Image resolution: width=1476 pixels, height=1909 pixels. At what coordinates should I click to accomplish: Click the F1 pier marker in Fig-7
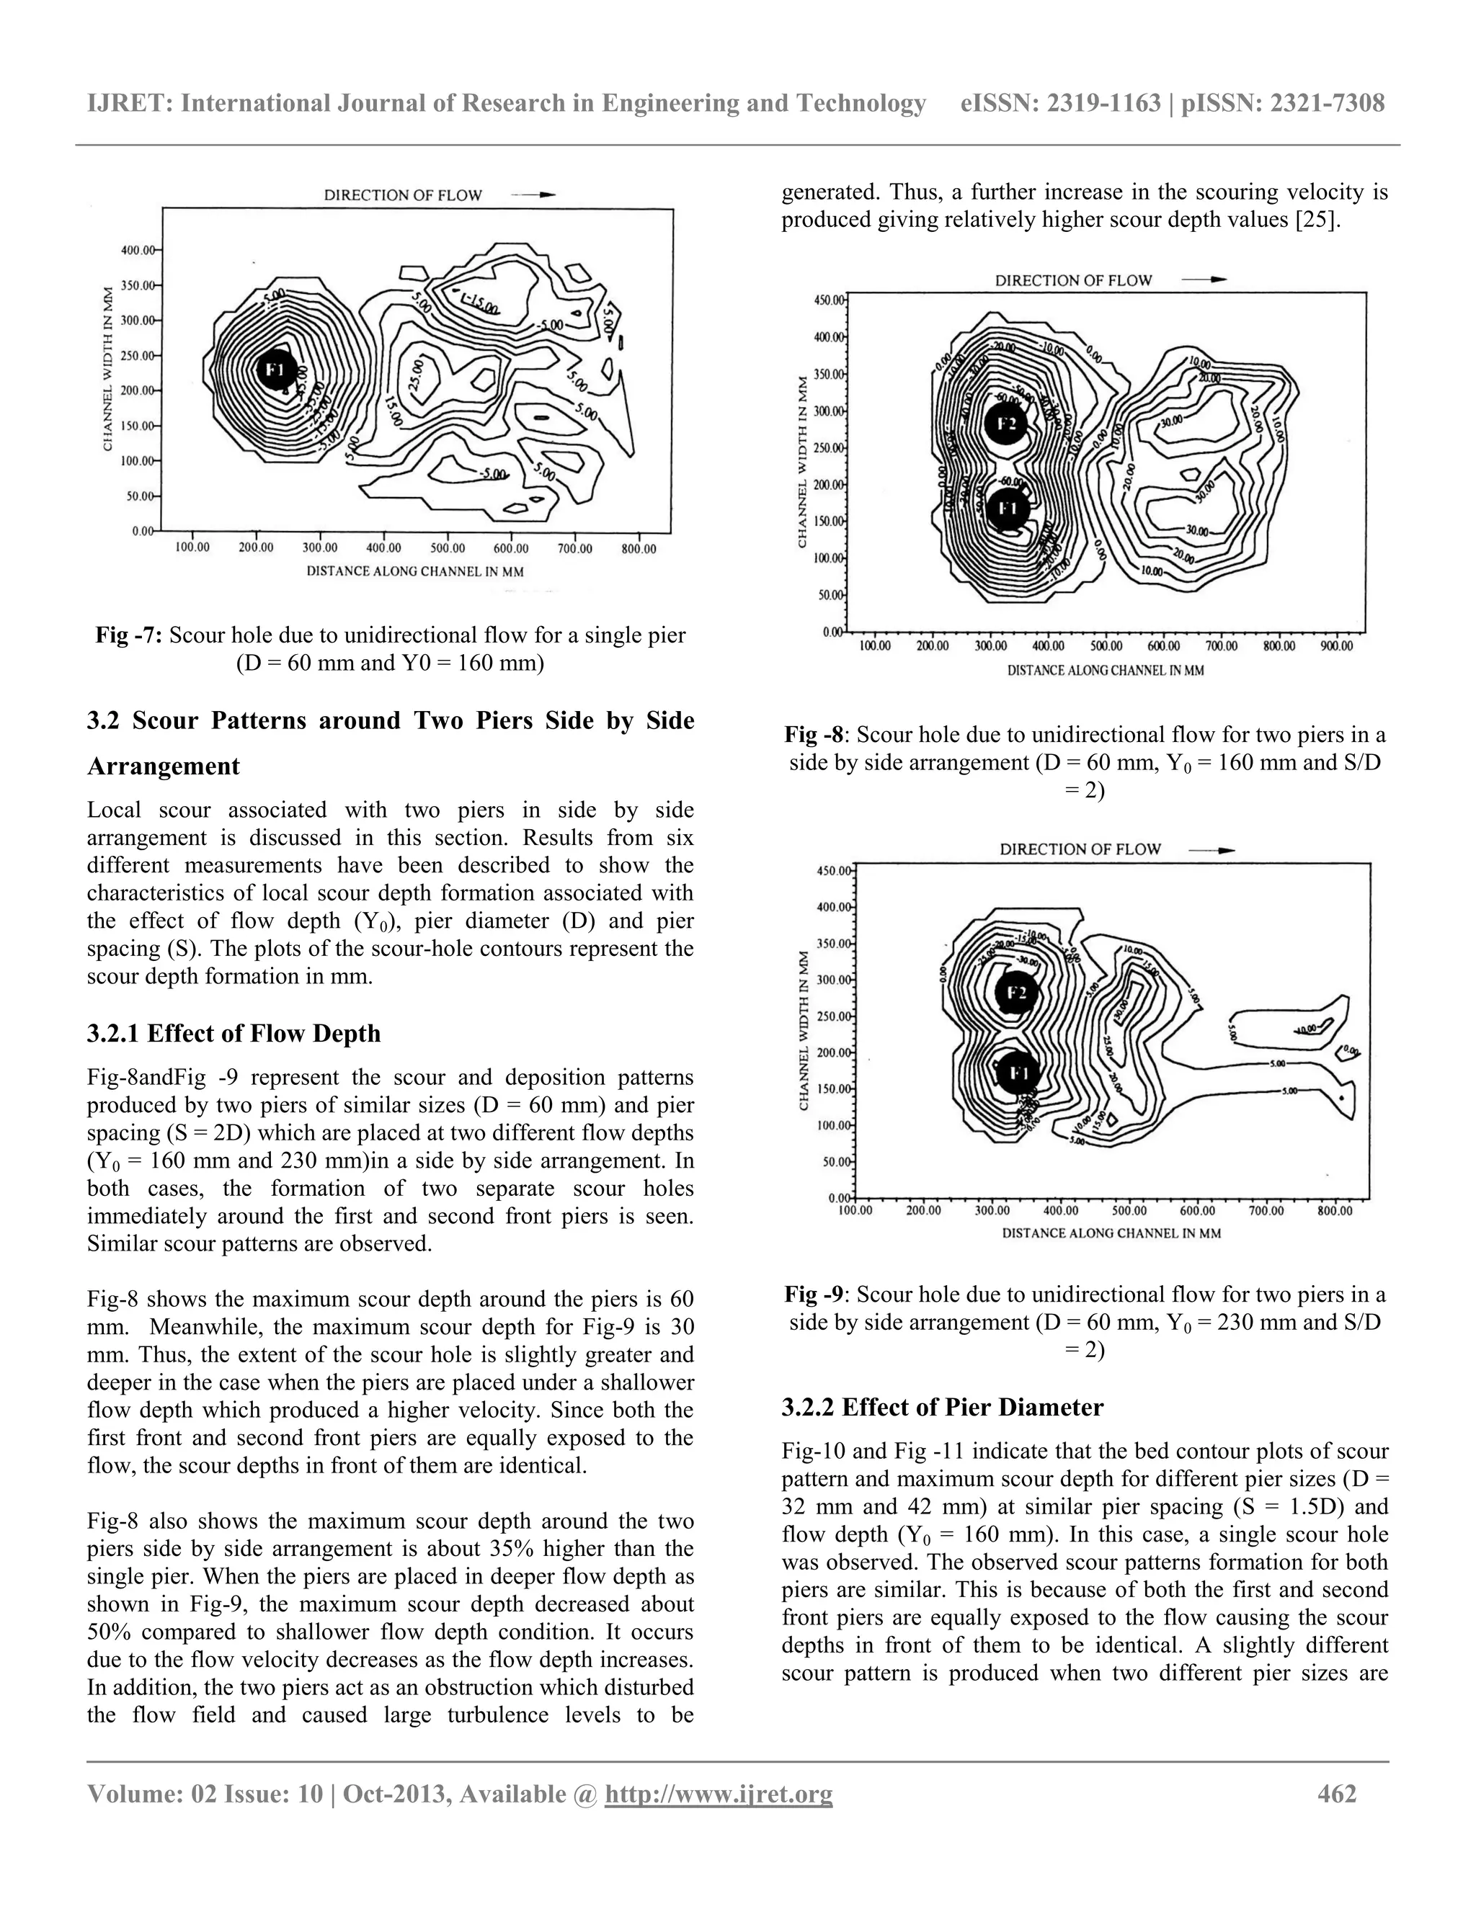(x=275, y=370)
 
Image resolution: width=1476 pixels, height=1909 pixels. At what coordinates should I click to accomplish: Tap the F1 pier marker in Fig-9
(x=1018, y=1073)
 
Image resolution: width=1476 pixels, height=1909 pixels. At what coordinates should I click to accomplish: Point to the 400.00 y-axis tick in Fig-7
(x=137, y=250)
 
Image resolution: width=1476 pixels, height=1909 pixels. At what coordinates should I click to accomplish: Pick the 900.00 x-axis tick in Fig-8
(x=1336, y=646)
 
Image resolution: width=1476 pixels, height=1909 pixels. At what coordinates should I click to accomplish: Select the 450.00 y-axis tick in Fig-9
(x=832, y=871)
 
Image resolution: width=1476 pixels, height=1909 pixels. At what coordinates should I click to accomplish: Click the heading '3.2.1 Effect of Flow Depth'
(x=234, y=1033)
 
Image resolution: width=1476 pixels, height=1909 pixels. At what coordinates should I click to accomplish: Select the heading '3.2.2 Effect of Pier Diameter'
(x=943, y=1408)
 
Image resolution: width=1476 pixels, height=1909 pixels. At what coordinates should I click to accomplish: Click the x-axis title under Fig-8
(x=1106, y=671)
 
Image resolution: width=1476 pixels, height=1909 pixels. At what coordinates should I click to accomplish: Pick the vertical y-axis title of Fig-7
(x=107, y=368)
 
